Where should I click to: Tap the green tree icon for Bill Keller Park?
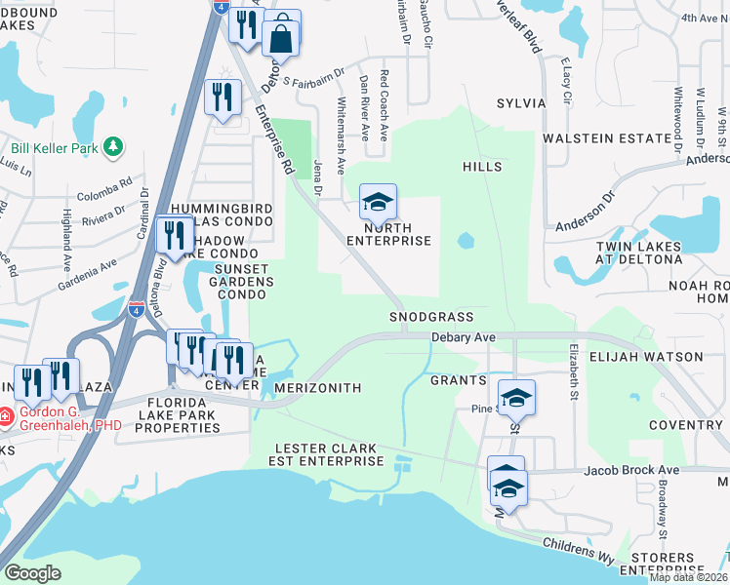tap(114, 146)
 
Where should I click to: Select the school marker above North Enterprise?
tap(378, 204)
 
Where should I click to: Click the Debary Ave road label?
tap(465, 337)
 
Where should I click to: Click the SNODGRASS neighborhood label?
tap(431, 317)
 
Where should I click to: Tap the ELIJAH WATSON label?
tap(644, 357)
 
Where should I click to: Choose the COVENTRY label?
tap(684, 425)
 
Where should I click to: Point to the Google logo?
tap(32, 572)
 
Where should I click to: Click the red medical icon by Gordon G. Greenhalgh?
tap(7, 416)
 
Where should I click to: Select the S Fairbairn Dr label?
tap(313, 77)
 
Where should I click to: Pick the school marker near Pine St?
tap(516, 397)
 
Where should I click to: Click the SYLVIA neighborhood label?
tap(520, 102)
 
